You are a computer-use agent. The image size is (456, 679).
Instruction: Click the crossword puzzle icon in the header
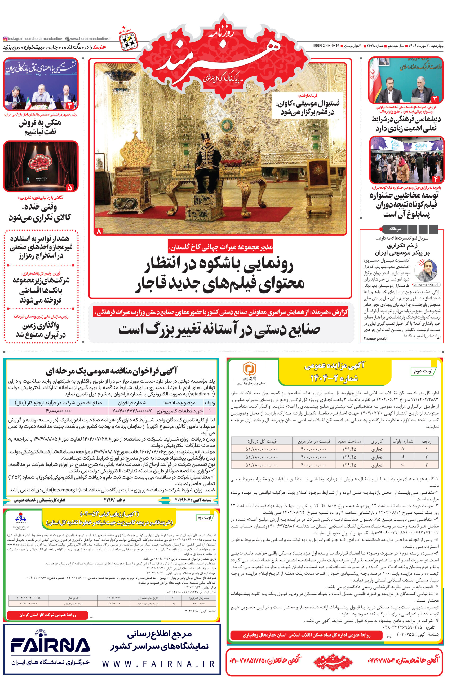coord(128,40)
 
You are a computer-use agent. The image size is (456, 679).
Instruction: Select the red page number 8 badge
coord(99,231)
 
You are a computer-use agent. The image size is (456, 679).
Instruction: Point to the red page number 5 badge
coord(69,187)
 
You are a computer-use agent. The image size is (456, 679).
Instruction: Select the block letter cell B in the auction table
coord(402,456)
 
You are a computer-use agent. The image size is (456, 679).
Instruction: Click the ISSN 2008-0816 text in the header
coord(326,46)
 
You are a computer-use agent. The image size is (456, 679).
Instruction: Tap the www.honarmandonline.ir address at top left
coord(90,38)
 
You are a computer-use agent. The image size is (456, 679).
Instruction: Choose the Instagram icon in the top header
coord(5,38)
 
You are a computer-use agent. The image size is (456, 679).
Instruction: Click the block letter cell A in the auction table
coord(402,449)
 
